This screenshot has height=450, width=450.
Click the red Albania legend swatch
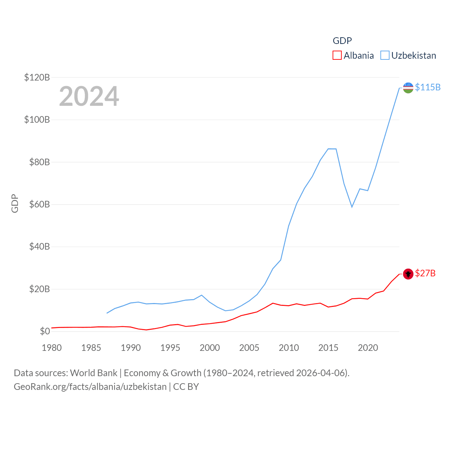[x=337, y=56]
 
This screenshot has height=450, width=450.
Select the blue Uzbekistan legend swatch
[x=385, y=56]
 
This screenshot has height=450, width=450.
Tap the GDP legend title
[x=342, y=41]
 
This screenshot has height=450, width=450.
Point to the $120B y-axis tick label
[x=37, y=77]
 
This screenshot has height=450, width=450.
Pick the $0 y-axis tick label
[x=45, y=331]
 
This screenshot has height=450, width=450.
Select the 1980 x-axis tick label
[x=52, y=348]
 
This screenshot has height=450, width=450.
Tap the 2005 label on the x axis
[x=249, y=348]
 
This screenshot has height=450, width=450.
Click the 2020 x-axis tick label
[x=368, y=348]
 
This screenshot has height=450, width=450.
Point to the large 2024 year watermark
[x=89, y=96]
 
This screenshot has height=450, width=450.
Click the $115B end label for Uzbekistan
[x=427, y=87]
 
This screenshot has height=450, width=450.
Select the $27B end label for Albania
[x=425, y=273]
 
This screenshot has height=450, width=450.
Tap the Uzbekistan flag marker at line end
[x=408, y=88]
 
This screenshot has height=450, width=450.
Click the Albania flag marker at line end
[x=408, y=274]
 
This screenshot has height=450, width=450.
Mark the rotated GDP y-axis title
[x=15, y=203]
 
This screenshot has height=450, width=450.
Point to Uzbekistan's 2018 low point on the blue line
[x=352, y=207]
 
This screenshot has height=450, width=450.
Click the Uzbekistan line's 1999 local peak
[x=201, y=295]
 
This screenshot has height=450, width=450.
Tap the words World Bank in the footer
[x=94, y=373]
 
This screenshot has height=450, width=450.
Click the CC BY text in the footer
[x=186, y=387]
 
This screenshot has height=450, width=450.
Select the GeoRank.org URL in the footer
[x=90, y=387]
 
